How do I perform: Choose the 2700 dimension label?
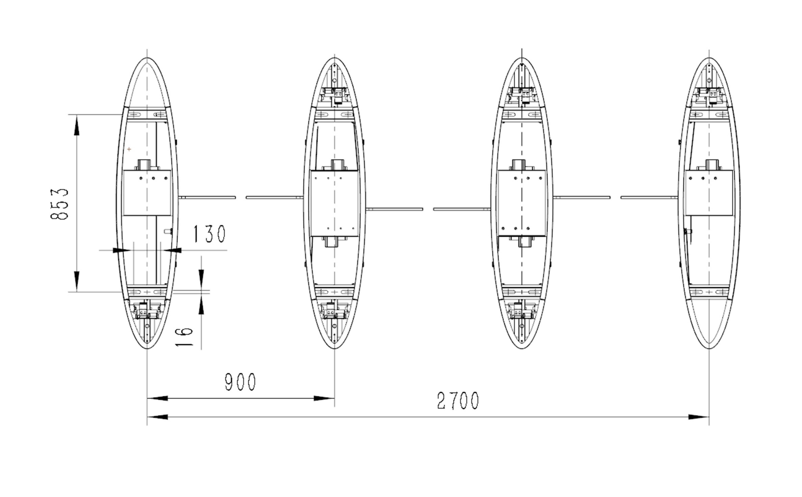click(458, 400)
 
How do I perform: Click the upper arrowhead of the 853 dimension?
click(77, 126)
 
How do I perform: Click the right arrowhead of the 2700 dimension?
click(698, 417)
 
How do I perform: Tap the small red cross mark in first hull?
click(129, 149)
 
